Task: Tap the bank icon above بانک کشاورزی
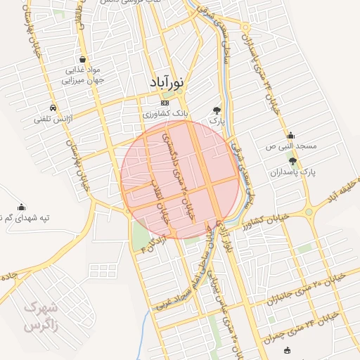[165, 103]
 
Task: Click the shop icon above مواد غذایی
[84, 60]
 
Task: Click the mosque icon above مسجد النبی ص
[291, 136]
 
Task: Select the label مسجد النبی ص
[297, 146]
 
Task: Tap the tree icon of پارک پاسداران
[292, 161]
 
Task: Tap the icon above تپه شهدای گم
[21, 207]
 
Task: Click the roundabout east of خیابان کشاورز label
[308, 212]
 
